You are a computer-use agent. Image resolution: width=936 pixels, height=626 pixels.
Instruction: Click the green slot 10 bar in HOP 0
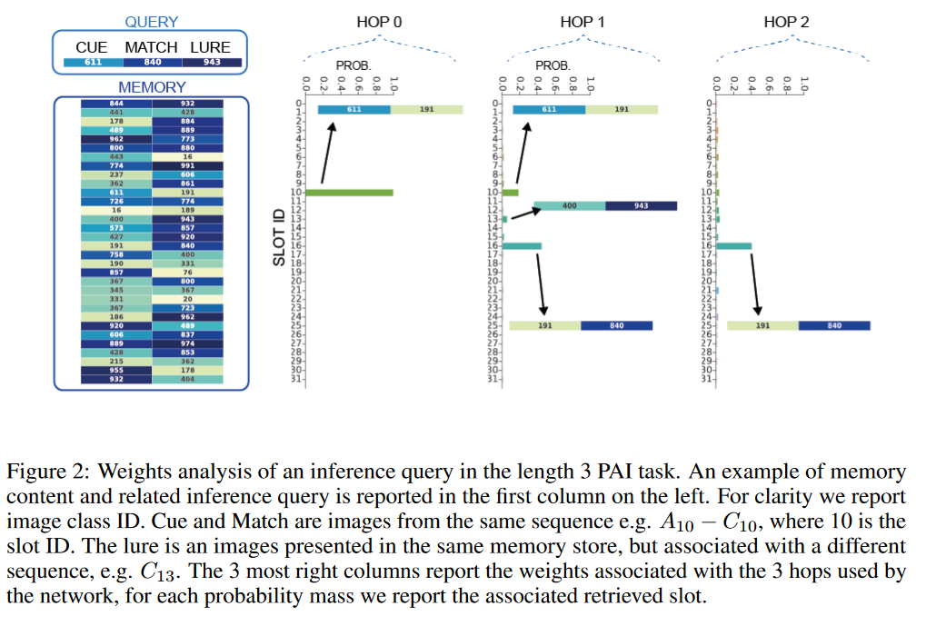(x=349, y=193)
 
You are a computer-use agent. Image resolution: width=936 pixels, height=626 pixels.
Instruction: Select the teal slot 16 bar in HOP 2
(x=733, y=245)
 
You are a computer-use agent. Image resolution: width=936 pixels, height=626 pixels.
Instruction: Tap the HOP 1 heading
(x=577, y=22)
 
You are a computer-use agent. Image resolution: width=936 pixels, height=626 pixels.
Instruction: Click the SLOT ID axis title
(x=282, y=237)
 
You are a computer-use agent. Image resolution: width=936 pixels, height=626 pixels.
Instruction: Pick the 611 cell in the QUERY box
(x=93, y=63)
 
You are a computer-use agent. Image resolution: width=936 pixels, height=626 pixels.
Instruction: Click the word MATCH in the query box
(x=150, y=47)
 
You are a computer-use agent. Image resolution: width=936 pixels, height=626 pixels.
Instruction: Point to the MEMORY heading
(x=151, y=87)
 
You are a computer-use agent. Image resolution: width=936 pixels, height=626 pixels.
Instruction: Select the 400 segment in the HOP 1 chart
(x=569, y=206)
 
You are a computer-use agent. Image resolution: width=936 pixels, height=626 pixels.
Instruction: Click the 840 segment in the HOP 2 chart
(x=834, y=325)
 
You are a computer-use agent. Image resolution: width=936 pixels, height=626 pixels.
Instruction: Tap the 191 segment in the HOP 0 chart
(x=426, y=110)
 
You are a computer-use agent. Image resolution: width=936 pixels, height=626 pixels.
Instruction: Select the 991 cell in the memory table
(x=187, y=165)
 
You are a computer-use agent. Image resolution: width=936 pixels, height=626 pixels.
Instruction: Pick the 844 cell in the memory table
(x=116, y=104)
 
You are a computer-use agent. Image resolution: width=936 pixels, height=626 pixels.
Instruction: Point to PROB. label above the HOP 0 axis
(x=353, y=65)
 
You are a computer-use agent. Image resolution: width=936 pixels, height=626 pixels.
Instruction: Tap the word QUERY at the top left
(x=151, y=22)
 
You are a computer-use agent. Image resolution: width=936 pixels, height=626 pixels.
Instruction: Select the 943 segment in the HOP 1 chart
(x=641, y=206)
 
